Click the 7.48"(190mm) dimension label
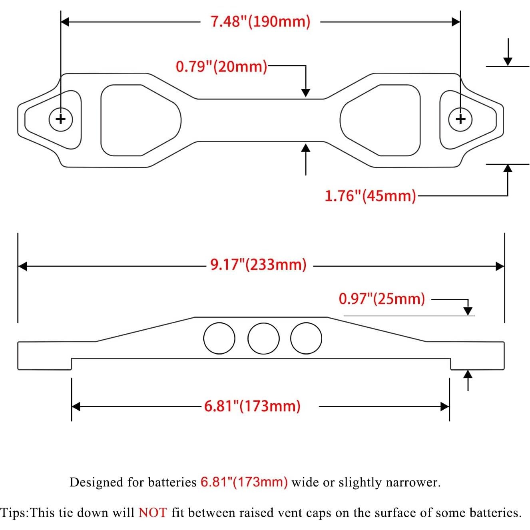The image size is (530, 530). (x=260, y=22)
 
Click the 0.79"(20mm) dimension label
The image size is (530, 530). (x=221, y=66)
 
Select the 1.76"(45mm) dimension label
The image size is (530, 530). (x=370, y=196)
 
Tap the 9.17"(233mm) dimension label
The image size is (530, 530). (x=258, y=265)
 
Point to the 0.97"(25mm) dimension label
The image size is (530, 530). (x=382, y=299)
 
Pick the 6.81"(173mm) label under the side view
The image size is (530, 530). (x=252, y=406)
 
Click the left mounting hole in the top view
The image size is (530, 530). (x=61, y=119)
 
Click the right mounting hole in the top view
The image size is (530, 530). (x=460, y=119)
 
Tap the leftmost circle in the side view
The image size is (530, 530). (x=219, y=338)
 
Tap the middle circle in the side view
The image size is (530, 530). (x=263, y=338)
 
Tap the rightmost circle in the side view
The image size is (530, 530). (x=306, y=338)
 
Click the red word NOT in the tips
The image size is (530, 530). (x=152, y=513)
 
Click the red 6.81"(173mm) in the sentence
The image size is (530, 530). (x=244, y=482)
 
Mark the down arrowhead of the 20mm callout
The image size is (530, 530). (x=306, y=92)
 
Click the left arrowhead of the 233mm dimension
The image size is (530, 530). (x=22, y=266)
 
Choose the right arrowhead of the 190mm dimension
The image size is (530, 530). (x=456, y=22)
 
